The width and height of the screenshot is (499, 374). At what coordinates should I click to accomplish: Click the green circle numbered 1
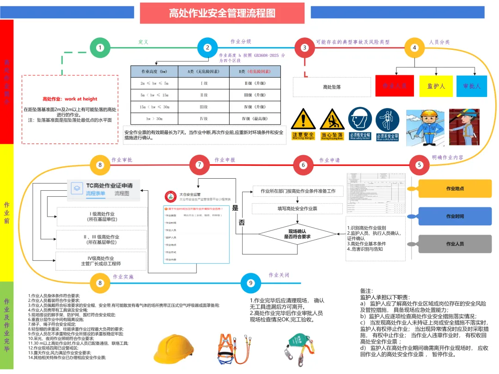[100, 47]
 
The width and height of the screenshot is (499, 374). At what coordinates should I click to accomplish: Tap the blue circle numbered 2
[207, 47]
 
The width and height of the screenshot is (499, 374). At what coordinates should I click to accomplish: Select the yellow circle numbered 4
[414, 47]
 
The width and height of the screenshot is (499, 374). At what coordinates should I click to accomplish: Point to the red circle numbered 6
[304, 165]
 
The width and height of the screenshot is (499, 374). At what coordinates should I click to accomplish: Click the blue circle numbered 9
[251, 283]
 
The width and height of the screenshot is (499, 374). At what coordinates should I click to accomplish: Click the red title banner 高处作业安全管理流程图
[222, 13]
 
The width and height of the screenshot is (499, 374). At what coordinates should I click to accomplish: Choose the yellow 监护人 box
[436, 86]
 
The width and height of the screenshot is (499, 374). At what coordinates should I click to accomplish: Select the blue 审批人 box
[472, 86]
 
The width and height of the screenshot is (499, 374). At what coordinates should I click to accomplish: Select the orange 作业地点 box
[455, 188]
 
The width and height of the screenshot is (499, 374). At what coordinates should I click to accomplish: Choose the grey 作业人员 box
[455, 244]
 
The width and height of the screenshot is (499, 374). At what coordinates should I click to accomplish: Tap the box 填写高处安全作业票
[297, 209]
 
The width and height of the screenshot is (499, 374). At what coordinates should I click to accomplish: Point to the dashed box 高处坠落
[332, 87]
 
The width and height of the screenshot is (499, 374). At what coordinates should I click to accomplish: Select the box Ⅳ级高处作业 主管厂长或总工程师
[101, 261]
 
